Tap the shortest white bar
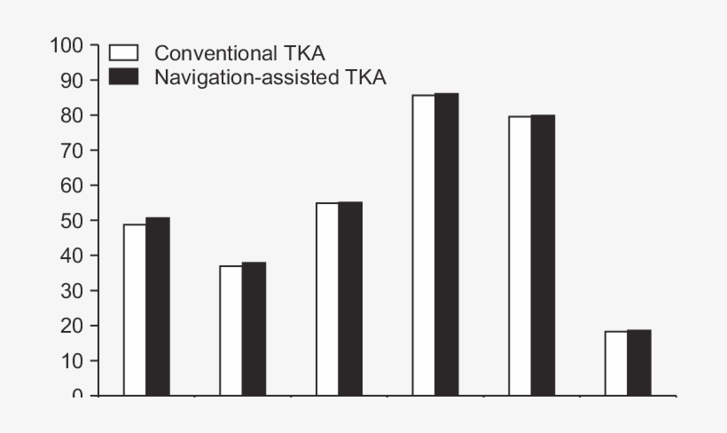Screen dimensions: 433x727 (x=616, y=363)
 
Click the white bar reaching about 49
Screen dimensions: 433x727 (x=135, y=310)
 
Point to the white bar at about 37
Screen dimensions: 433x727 (x=231, y=330)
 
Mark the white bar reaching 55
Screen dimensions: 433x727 (x=327, y=299)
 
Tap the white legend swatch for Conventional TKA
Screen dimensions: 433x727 (x=124, y=52)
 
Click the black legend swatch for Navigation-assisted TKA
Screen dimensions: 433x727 (x=124, y=76)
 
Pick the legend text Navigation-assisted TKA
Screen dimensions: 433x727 (x=270, y=77)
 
